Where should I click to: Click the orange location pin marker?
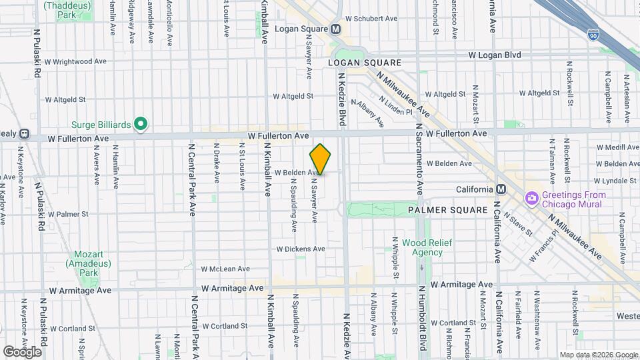point(321,159)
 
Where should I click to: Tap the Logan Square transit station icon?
point(336,29)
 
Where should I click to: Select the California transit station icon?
point(501,189)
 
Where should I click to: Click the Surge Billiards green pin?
point(140,123)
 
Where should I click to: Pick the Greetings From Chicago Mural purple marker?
point(531,199)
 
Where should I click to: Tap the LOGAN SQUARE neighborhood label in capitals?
point(365,63)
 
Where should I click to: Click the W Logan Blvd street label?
point(494,55)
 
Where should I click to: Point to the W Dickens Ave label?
point(301,249)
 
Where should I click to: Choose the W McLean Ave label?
point(225,269)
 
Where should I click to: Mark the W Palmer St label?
point(68,214)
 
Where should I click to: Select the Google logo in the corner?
point(22,351)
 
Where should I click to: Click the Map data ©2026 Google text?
point(598,355)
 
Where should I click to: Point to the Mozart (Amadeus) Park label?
point(85,264)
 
